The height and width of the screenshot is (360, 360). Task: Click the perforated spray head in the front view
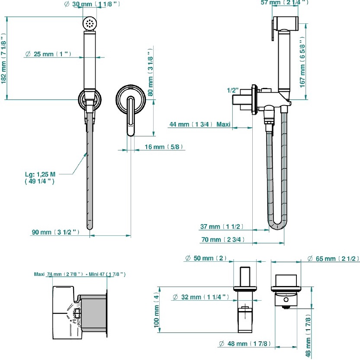pos(90,23)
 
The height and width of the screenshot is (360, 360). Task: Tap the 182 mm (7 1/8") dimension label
pos(4,67)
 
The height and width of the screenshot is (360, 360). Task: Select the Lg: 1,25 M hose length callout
pos(40,178)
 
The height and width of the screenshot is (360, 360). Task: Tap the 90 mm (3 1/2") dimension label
pos(56,232)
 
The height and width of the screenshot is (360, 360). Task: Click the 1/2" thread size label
pos(233,90)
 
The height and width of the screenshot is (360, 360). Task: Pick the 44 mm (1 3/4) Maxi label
pos(199,125)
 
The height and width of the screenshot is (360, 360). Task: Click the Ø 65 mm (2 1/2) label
pos(333,259)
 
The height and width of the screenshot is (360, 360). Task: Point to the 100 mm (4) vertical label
pos(157,309)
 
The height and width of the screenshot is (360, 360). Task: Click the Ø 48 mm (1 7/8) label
pos(245,344)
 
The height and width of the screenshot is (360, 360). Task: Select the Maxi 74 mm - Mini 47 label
pos(80,274)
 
